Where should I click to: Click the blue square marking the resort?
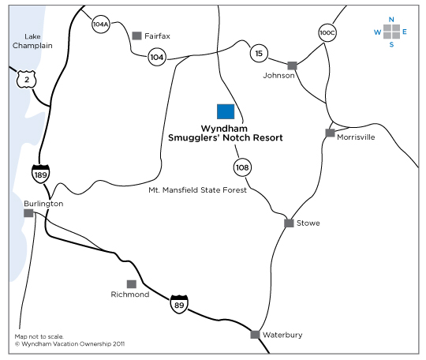[x=226, y=111]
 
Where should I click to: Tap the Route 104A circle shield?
[x=101, y=24]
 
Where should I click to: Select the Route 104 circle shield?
[x=157, y=57]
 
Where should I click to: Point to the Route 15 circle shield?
[x=259, y=54]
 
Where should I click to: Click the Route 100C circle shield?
[x=327, y=33]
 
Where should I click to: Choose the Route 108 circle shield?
[x=242, y=167]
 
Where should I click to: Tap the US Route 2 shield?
[x=26, y=80]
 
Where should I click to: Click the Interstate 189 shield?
[x=40, y=174]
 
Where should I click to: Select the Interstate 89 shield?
[x=179, y=304]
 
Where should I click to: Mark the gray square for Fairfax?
[x=136, y=36]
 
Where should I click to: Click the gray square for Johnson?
[x=292, y=66]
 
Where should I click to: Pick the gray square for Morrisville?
[x=330, y=133]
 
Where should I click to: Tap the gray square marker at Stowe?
[x=289, y=223]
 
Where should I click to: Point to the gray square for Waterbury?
[x=255, y=335]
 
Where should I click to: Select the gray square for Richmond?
[x=132, y=284]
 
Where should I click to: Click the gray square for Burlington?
[x=28, y=213]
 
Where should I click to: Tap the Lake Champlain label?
[x=32, y=41]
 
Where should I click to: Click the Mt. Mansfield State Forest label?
[x=197, y=189]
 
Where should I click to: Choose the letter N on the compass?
[x=391, y=20]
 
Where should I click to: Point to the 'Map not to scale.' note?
[x=39, y=336]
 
